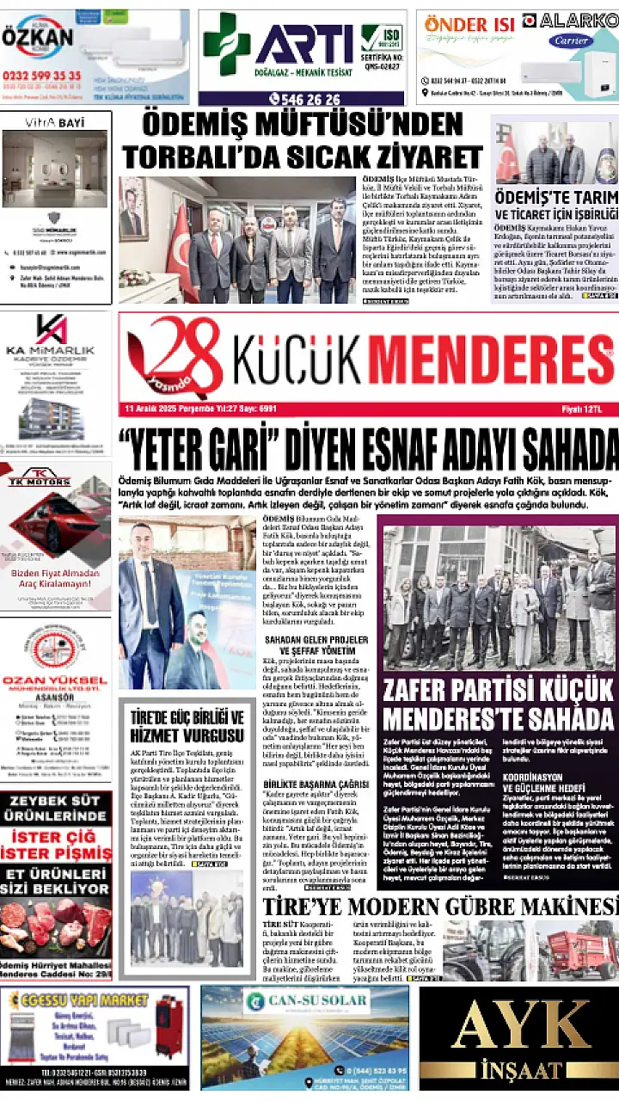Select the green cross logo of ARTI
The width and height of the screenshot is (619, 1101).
click(226, 44)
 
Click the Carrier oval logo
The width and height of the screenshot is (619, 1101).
click(570, 40)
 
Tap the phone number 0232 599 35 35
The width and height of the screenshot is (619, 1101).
click(41, 76)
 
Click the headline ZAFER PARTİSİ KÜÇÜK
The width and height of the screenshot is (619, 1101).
click(499, 689)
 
